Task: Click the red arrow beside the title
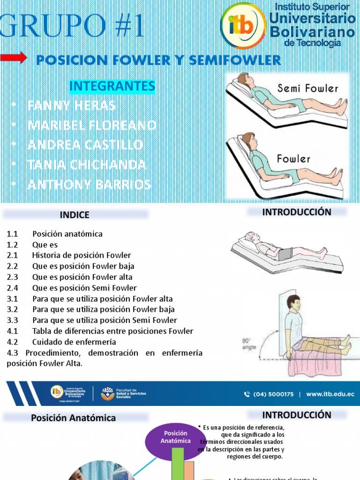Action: (x=14, y=58)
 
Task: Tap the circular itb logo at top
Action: (x=243, y=26)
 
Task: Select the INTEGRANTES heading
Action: (x=112, y=86)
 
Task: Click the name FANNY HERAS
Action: (x=71, y=105)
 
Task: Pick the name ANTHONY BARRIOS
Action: (x=89, y=184)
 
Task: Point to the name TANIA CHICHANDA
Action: (x=87, y=165)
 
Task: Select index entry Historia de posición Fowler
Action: (x=82, y=255)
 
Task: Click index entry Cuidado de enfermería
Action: (x=74, y=342)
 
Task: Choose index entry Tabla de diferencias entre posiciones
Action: (x=112, y=331)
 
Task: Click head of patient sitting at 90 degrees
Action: (x=293, y=304)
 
